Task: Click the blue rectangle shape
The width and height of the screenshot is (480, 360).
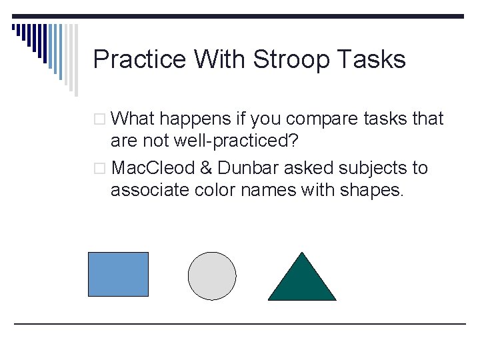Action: [119, 274]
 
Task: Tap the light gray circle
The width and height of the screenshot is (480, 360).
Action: [212, 276]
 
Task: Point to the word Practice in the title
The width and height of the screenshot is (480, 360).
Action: [139, 60]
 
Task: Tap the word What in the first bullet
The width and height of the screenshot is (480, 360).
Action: [133, 119]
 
